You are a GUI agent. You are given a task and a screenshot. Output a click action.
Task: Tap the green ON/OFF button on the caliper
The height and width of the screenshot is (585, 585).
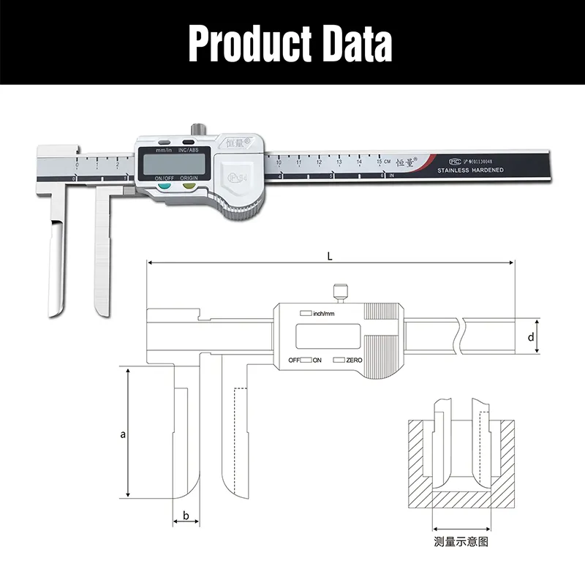(164, 186)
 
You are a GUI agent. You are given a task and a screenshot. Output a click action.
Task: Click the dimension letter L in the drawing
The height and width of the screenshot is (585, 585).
(331, 255)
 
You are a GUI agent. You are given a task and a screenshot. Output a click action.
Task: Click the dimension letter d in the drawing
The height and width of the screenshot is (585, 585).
(532, 337)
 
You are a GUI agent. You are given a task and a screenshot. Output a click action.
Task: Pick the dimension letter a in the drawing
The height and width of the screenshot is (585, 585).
(124, 434)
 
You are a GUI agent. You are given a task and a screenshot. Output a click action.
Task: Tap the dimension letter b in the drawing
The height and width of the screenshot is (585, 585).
(186, 516)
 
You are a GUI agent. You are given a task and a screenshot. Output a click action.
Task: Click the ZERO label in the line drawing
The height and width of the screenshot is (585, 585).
(354, 361)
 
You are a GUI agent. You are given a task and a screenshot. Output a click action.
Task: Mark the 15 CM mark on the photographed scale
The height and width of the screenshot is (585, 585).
(381, 162)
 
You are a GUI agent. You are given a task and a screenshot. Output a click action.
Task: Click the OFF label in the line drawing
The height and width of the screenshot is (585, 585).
(294, 361)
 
